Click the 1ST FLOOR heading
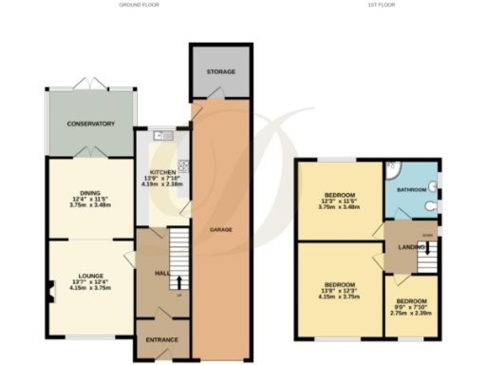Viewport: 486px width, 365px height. pyautogui.click(x=381, y=5)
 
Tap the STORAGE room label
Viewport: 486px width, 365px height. pyautogui.click(x=221, y=72)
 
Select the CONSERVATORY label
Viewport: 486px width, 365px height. pyautogui.click(x=90, y=124)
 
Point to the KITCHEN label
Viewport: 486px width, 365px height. pyautogui.click(x=161, y=172)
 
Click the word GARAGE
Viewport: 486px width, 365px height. pyautogui.click(x=221, y=230)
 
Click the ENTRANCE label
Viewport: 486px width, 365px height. pyautogui.click(x=161, y=338)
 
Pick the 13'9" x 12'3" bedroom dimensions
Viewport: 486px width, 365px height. pyautogui.click(x=339, y=292)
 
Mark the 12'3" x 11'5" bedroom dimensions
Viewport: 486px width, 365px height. pyautogui.click(x=339, y=202)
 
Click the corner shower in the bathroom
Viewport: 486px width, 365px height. pyautogui.click(x=395, y=172)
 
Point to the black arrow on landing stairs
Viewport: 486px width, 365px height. pyautogui.click(x=427, y=249)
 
